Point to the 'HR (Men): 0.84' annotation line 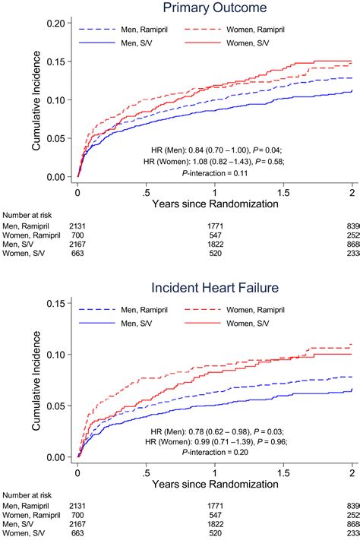pyautogui.click(x=215, y=149)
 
